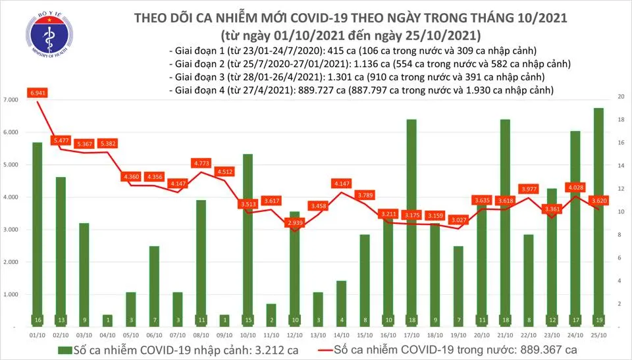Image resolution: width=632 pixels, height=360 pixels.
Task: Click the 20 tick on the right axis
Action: click(613, 97)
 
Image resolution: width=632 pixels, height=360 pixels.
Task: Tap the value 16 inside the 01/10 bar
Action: click(37, 321)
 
